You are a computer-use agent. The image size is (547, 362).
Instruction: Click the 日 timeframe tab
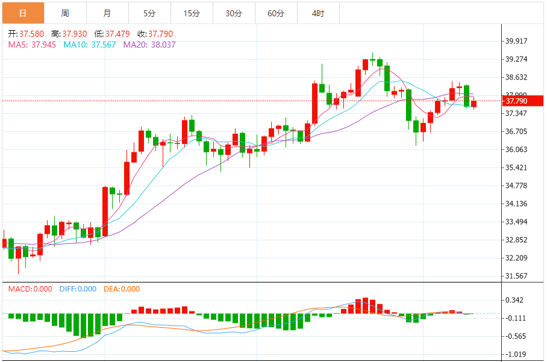[23, 13]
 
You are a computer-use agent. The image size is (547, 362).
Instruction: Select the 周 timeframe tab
[65, 13]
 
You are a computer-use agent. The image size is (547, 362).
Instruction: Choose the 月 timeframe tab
[107, 13]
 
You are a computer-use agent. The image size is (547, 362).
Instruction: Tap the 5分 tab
[149, 13]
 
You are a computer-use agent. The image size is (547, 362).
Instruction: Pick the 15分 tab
[192, 13]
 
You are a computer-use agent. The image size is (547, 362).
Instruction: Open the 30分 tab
[234, 13]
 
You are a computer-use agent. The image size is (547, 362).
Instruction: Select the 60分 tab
[276, 13]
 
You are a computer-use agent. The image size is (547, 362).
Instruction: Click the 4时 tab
[318, 13]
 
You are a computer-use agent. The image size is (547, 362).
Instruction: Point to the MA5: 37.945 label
[33, 45]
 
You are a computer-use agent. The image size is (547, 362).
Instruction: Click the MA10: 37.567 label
[90, 45]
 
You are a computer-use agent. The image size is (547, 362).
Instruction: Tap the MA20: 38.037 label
[149, 45]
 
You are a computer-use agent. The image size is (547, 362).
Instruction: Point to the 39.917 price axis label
[517, 42]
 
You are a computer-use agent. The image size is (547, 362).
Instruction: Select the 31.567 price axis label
[517, 276]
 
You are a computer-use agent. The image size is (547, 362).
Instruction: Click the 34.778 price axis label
[517, 186]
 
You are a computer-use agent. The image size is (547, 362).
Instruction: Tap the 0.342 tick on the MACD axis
[515, 300]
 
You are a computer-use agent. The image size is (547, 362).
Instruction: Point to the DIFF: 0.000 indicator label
[78, 289]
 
